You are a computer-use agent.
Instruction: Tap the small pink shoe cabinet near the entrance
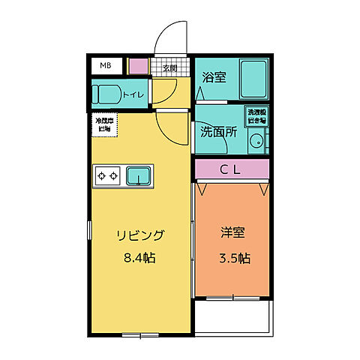pyautogui.click(x=138, y=66)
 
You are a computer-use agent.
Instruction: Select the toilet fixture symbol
pyautogui.click(x=104, y=94)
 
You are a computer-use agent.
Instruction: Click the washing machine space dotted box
pyautogui.click(x=256, y=116)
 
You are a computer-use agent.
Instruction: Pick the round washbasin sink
pyautogui.click(x=256, y=140)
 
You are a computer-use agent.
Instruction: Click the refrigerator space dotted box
pyautogui.click(x=103, y=125)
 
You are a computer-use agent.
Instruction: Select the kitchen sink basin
pyautogui.click(x=137, y=176)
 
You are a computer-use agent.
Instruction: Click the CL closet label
pyautogui.click(x=230, y=169)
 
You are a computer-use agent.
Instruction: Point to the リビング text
pyautogui.click(x=140, y=235)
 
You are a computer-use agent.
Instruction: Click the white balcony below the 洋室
pyautogui.click(x=232, y=313)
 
